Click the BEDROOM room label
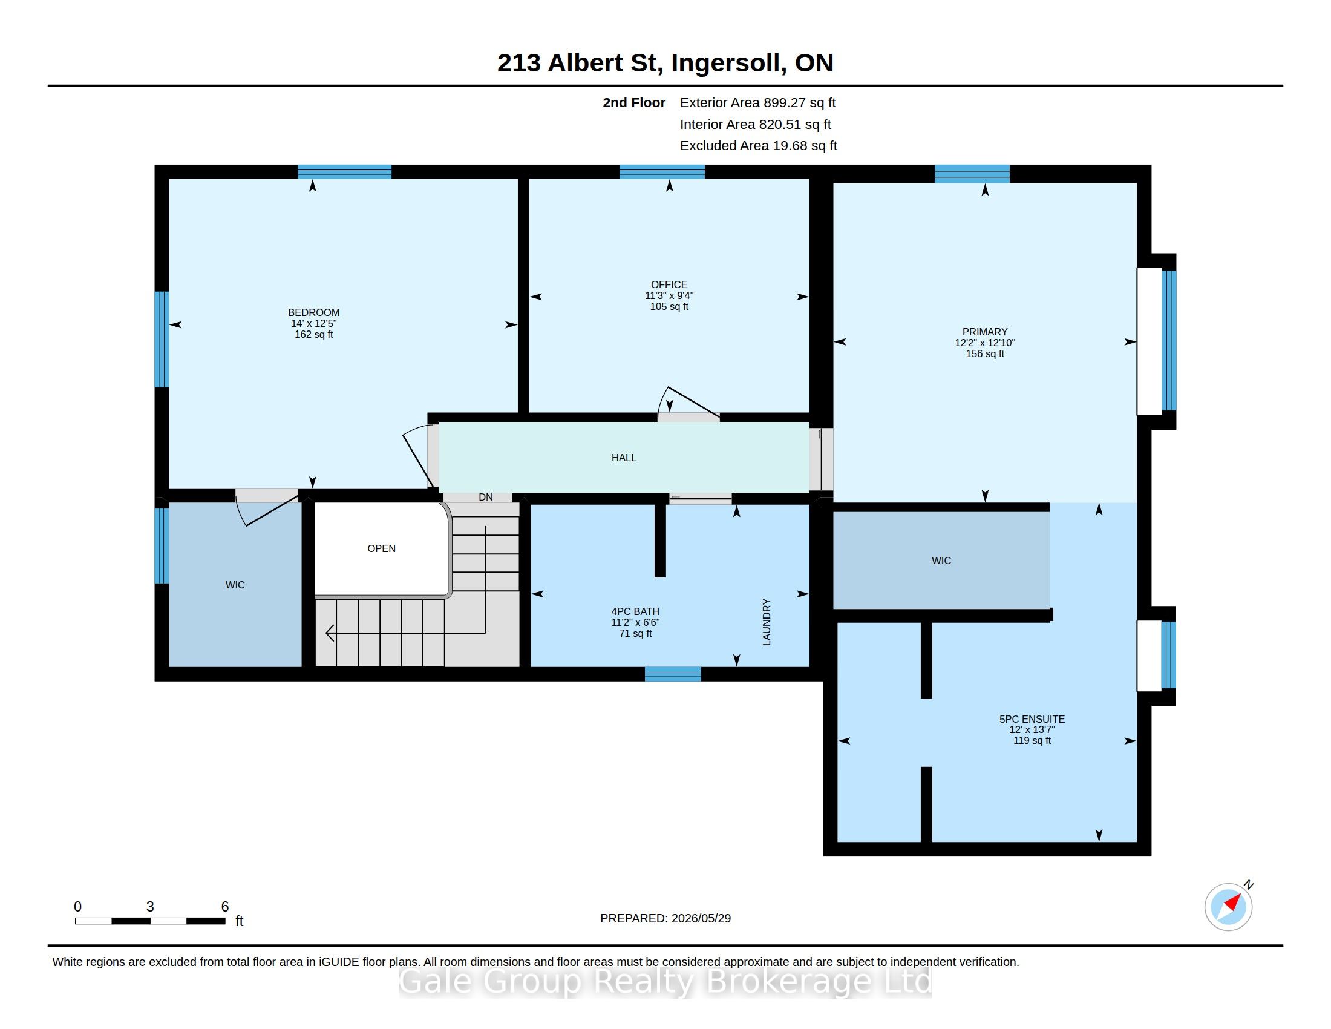click(313, 313)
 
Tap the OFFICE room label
click(669, 284)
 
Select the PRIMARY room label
click(985, 332)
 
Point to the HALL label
click(624, 458)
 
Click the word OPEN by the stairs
click(382, 548)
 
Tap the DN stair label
click(486, 498)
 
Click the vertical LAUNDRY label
click(767, 622)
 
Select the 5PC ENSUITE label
click(1032, 719)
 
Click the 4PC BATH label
click(636, 611)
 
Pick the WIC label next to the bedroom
click(235, 585)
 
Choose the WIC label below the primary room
click(941, 561)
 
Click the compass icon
click(1229, 907)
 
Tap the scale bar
click(150, 921)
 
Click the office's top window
click(662, 171)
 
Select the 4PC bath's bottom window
click(673, 674)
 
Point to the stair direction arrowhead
click(330, 633)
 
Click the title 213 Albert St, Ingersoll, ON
click(665, 63)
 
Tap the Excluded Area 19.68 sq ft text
click(759, 146)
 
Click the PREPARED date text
click(665, 919)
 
